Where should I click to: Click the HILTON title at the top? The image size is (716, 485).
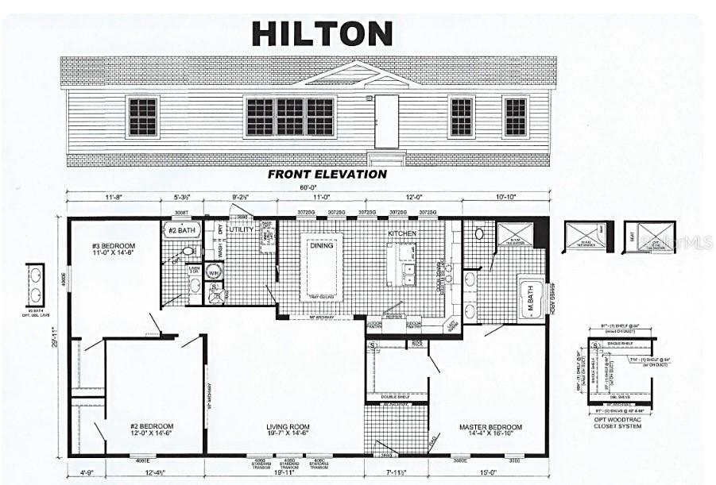coord(322,33)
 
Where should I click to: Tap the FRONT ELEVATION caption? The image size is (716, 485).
coord(327,174)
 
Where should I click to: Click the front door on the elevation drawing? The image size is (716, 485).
coord(386,121)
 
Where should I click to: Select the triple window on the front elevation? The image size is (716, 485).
coord(290,117)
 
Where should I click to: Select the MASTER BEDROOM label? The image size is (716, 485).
coord(490,429)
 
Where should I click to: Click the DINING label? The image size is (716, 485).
coord(321,246)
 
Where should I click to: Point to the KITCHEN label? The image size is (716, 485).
coord(402,235)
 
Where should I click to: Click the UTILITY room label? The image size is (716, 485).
coord(241,229)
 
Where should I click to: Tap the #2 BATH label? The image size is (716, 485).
coord(181,231)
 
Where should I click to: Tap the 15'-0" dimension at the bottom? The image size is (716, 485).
coord(489,475)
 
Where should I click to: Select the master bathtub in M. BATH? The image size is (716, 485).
coord(530,298)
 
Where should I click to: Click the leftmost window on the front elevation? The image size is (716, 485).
coord(143,117)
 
